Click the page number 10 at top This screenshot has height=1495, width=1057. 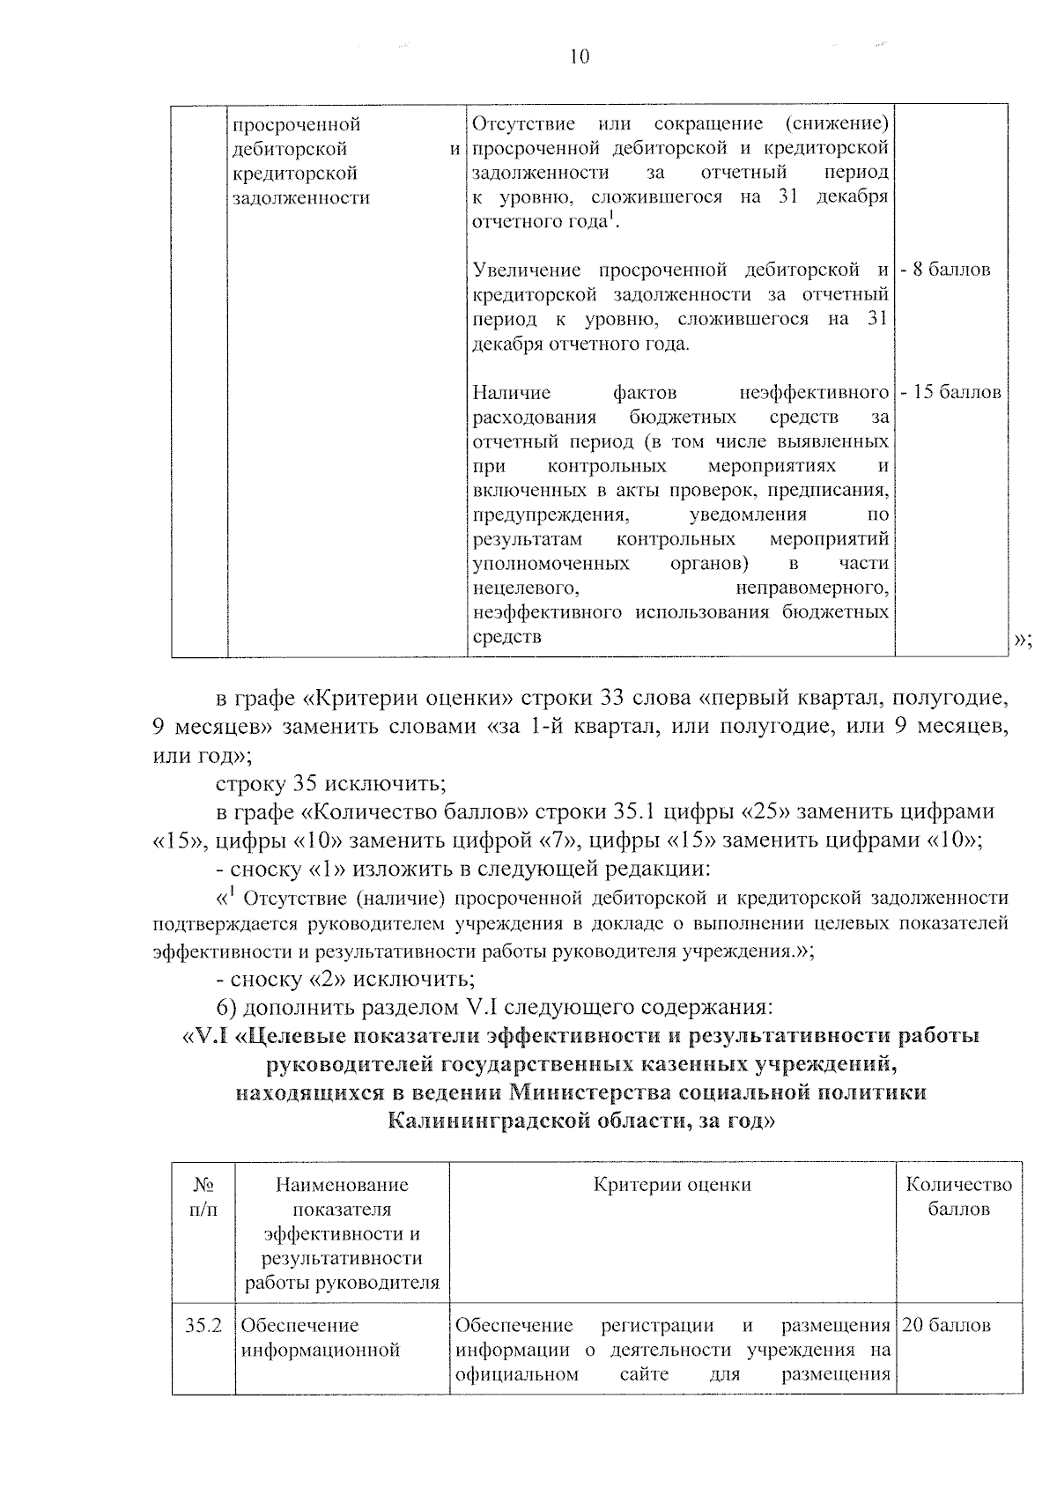click(x=579, y=57)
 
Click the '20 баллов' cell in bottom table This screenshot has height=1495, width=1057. click(x=946, y=1326)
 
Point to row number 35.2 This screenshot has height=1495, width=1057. click(x=203, y=1326)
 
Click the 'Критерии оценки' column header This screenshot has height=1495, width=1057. click(x=672, y=1185)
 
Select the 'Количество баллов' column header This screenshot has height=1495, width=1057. click(x=958, y=1197)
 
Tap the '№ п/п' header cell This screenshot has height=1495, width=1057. click(x=203, y=1197)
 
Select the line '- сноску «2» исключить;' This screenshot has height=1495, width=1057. click(x=346, y=979)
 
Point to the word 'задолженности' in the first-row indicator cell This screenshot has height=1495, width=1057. click(x=300, y=198)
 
